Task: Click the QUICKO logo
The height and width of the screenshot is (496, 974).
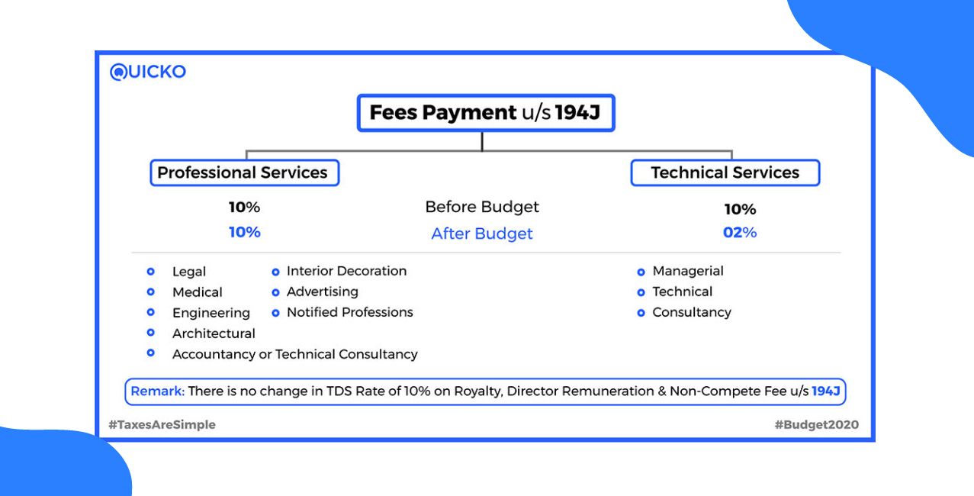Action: pyautogui.click(x=148, y=72)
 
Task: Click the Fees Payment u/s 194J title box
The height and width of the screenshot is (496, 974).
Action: pyautogui.click(x=485, y=113)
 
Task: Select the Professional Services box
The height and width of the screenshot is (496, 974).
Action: pyautogui.click(x=244, y=172)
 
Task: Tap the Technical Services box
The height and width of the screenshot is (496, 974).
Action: pyautogui.click(x=725, y=172)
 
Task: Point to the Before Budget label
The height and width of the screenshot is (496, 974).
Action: pyautogui.click(x=482, y=207)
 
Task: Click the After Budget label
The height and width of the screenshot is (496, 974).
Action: pyautogui.click(x=482, y=234)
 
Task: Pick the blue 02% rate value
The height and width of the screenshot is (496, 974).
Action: pyautogui.click(x=740, y=232)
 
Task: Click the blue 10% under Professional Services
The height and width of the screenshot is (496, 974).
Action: pyautogui.click(x=244, y=232)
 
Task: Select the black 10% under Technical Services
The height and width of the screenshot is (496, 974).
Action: pyautogui.click(x=740, y=209)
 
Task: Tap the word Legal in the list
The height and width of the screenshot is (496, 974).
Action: pyautogui.click(x=189, y=272)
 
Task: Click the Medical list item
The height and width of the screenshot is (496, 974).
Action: pyautogui.click(x=198, y=292)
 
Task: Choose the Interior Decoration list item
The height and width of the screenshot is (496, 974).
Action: pyautogui.click(x=346, y=271)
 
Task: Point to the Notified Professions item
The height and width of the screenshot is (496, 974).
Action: pyautogui.click(x=349, y=312)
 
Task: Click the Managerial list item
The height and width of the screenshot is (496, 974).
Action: pyautogui.click(x=688, y=271)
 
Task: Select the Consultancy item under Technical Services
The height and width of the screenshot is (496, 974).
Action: pyautogui.click(x=692, y=312)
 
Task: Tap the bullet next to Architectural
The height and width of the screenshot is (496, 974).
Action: pyautogui.click(x=151, y=333)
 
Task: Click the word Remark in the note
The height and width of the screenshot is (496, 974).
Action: pyautogui.click(x=157, y=391)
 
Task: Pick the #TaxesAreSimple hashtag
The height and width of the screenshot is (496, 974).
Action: pyautogui.click(x=162, y=425)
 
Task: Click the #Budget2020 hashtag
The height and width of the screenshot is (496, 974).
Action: pyautogui.click(x=816, y=425)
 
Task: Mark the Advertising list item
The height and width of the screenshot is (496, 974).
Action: pyautogui.click(x=322, y=291)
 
